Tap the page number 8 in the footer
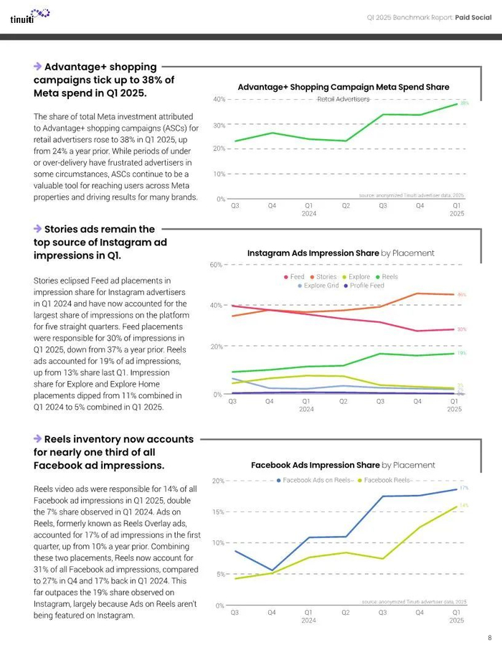tap(489, 637)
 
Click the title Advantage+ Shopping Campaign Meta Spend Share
tap(344, 87)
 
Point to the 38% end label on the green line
tap(464, 103)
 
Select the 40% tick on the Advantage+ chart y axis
tap(219, 99)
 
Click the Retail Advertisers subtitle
tap(344, 99)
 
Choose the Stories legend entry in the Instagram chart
tap(323, 276)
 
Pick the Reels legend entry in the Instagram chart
tap(387, 276)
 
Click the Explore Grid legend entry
tap(318, 286)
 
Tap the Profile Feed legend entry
tap(364, 286)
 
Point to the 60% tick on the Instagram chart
tap(216, 265)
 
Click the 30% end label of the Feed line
tap(462, 329)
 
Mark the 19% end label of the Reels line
tap(462, 353)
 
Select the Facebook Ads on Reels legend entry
tap(316, 480)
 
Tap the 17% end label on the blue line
tap(464, 488)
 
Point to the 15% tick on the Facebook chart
tap(219, 512)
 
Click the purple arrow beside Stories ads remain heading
tap(37, 229)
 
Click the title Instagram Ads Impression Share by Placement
tap(341, 253)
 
